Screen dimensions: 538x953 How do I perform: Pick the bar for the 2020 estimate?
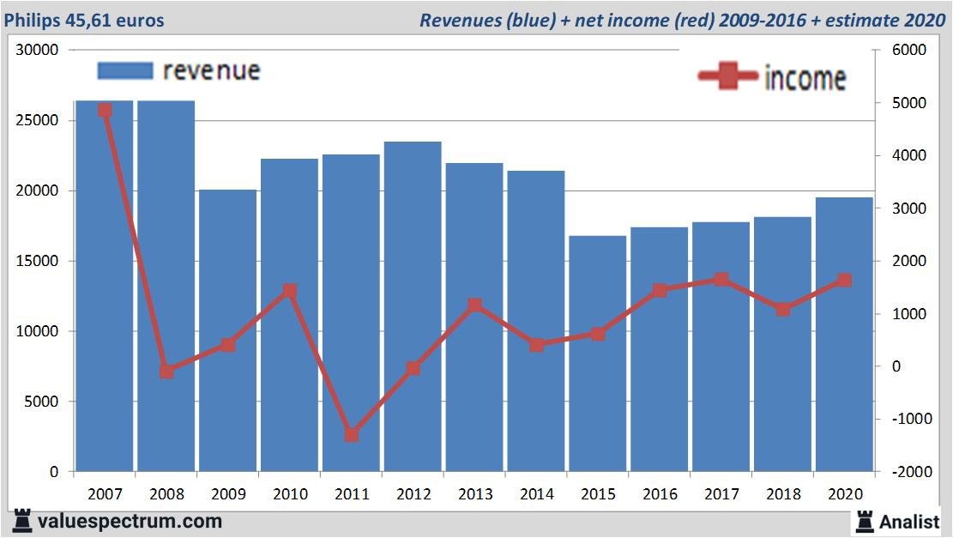(844, 335)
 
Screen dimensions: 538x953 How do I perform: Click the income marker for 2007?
(105, 110)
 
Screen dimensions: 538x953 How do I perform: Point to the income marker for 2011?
(352, 435)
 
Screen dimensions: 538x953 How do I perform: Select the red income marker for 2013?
(474, 305)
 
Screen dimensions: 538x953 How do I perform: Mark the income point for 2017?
(721, 280)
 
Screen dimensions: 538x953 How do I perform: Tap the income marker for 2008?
(166, 372)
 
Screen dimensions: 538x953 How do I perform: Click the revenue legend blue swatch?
(124, 70)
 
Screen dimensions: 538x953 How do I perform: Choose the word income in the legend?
(805, 78)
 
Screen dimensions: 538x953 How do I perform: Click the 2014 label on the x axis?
(536, 494)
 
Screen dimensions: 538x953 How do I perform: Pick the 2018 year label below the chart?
(783, 494)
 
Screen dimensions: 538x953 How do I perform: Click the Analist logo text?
(909, 521)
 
